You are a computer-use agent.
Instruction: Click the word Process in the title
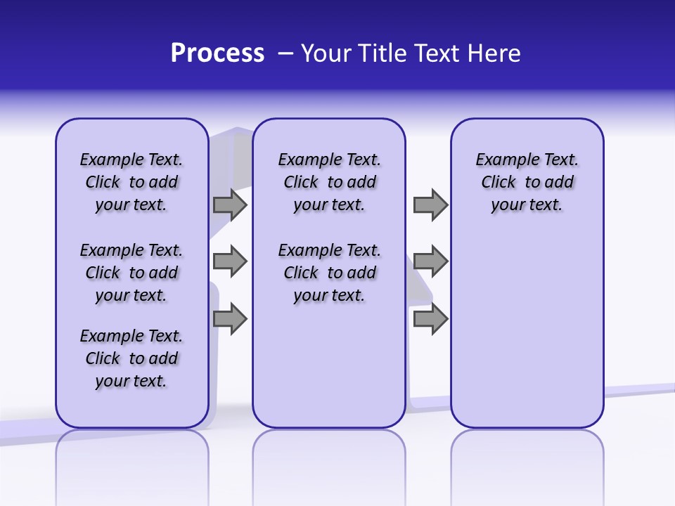(x=217, y=53)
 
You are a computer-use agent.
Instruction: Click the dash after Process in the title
(x=285, y=54)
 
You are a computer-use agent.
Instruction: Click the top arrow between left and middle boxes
(x=230, y=205)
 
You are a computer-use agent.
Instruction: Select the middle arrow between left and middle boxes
(x=230, y=261)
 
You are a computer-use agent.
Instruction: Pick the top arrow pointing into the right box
(x=430, y=205)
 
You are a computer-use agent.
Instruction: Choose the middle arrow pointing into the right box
(x=430, y=261)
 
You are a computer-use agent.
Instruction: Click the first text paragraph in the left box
(x=131, y=182)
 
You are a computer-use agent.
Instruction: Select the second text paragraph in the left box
(x=131, y=273)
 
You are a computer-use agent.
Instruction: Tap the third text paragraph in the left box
(x=131, y=358)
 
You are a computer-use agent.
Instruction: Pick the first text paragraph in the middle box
(x=329, y=182)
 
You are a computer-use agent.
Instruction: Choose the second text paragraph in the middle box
(x=329, y=273)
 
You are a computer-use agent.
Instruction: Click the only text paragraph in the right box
(x=527, y=182)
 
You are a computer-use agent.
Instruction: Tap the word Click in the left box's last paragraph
(x=103, y=358)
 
